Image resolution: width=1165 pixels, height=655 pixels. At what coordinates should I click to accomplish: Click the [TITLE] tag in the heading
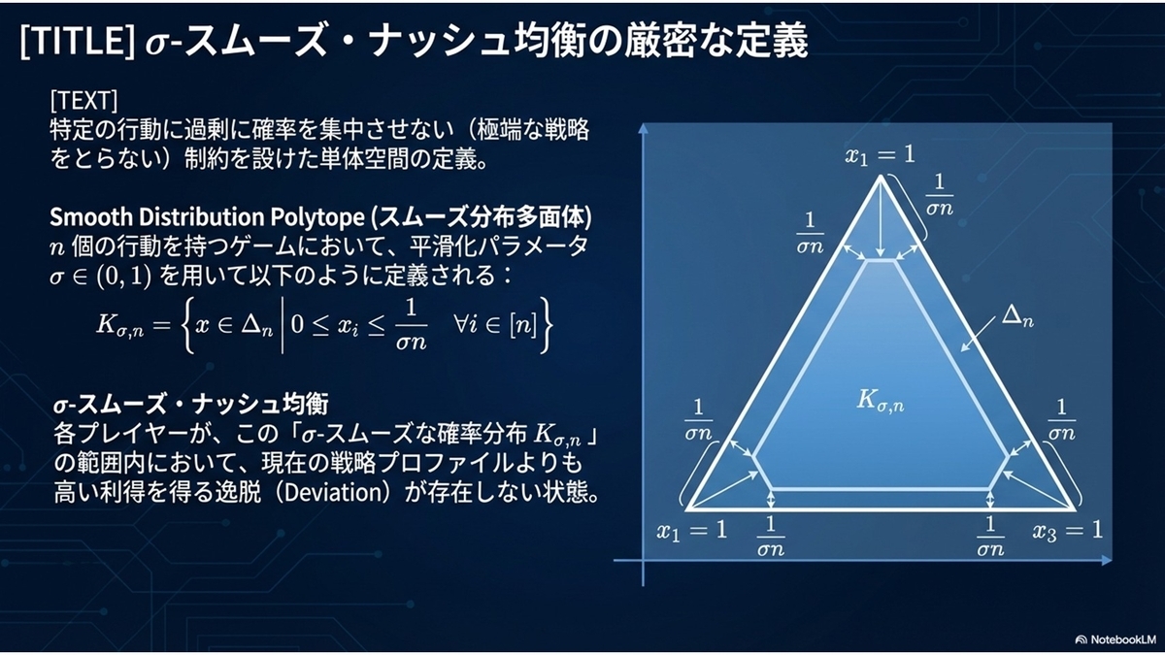(x=78, y=40)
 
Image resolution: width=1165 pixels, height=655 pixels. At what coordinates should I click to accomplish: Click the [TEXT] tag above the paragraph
(x=83, y=100)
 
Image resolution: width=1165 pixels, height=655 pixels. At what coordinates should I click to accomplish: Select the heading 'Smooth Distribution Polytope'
(x=207, y=217)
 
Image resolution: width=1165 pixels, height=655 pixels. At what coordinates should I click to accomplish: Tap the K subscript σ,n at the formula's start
(x=119, y=326)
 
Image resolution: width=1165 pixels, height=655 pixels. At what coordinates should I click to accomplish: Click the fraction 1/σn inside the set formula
(x=411, y=325)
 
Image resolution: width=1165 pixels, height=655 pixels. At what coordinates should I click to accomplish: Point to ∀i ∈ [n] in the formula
(x=494, y=325)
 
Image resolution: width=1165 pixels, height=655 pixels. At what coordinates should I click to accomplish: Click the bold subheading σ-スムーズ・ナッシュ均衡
(x=191, y=405)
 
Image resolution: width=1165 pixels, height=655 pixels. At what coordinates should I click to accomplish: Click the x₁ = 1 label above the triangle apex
(x=880, y=155)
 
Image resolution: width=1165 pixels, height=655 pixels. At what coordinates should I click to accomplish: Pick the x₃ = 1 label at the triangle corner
(x=1068, y=531)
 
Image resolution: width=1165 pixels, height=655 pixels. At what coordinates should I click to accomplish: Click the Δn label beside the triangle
(x=1017, y=315)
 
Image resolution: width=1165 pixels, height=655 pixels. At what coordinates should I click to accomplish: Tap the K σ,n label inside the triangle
(x=881, y=400)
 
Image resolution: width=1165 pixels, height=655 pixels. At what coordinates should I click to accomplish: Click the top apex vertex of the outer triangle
(x=880, y=177)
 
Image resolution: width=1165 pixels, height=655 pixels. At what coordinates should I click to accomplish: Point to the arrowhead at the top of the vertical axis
(x=644, y=128)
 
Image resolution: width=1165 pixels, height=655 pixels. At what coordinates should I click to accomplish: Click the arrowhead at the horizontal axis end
(x=1106, y=560)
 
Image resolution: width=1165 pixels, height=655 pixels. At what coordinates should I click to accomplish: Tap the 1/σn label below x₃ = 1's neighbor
(x=990, y=536)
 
